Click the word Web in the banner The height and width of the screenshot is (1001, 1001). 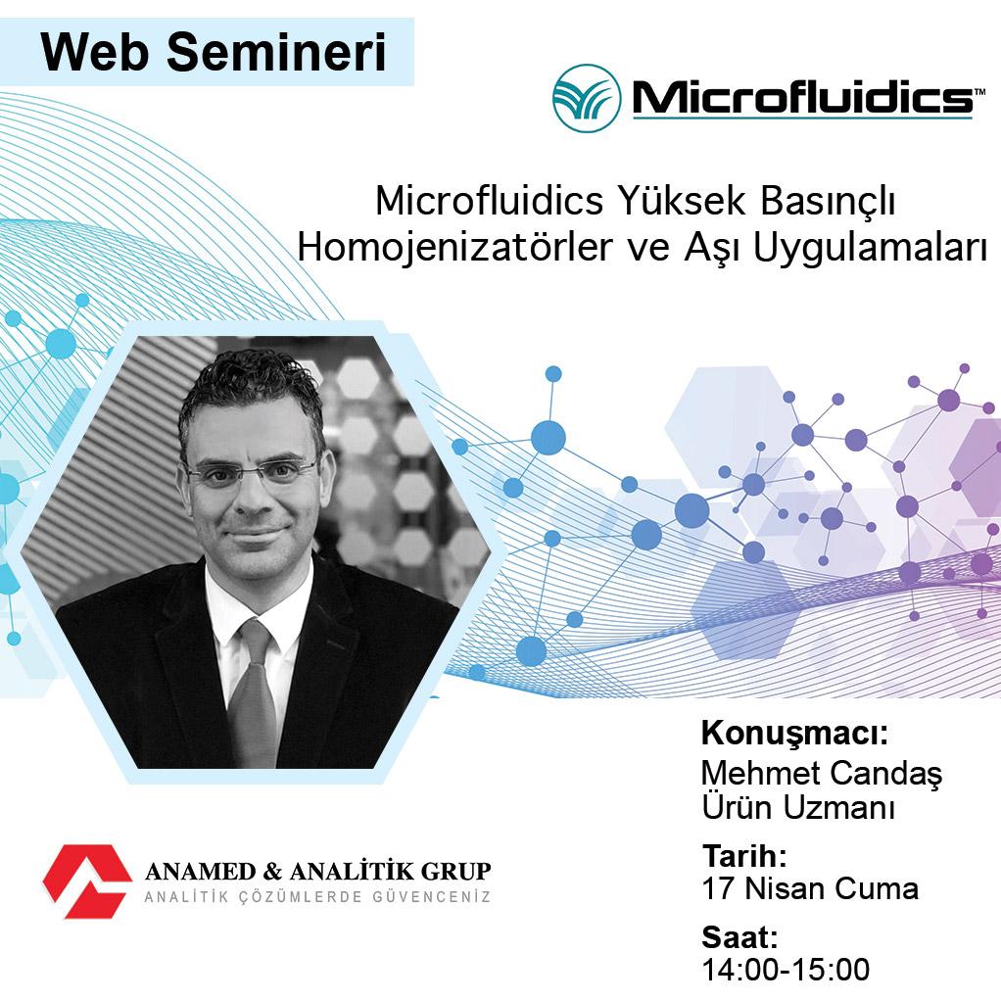tap(94, 52)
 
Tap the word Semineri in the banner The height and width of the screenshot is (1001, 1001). tap(277, 52)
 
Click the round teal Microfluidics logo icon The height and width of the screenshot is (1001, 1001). tap(587, 98)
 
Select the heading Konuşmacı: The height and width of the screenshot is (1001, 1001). tap(794, 735)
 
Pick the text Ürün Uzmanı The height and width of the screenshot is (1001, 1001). tap(798, 808)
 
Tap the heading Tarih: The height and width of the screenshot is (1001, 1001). tap(744, 856)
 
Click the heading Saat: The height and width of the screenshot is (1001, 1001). tap(739, 937)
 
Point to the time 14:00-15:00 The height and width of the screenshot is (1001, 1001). tap(786, 969)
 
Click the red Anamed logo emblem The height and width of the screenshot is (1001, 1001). tap(87, 882)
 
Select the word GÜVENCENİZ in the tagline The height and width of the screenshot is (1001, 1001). tap(436, 897)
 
